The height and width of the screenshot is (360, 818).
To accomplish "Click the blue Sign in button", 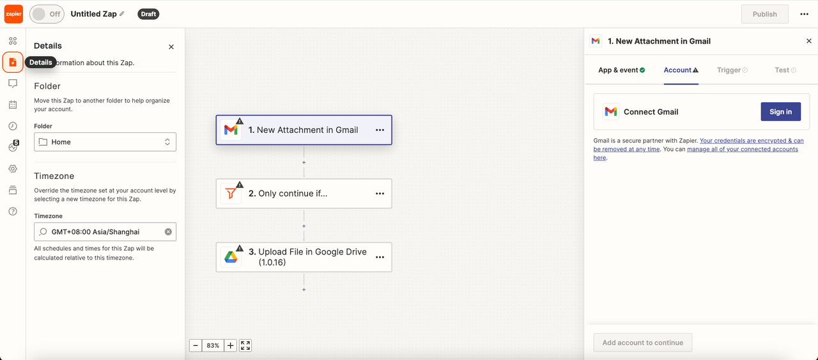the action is click(x=781, y=111).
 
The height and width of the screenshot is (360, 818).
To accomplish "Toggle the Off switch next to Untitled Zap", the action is click(x=47, y=14).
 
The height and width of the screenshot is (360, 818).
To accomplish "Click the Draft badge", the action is click(x=148, y=14).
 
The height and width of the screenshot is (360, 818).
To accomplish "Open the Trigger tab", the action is click(x=732, y=70).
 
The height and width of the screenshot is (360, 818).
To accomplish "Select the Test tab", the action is click(x=785, y=70).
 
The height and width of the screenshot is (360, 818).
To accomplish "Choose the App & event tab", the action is click(x=622, y=70).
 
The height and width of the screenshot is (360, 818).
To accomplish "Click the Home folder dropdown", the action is click(x=105, y=142).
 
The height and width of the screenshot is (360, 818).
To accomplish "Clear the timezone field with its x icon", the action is click(x=168, y=231).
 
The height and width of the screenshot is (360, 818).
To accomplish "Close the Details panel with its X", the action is click(x=171, y=47).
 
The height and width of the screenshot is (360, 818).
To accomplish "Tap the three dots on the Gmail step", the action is click(x=380, y=130).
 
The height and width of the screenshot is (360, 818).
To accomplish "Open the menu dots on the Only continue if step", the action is click(x=380, y=194).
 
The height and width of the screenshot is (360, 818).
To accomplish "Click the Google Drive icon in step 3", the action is click(x=231, y=257).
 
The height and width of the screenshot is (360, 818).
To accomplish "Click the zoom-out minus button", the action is click(x=196, y=345).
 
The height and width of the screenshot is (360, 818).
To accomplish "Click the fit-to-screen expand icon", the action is click(x=245, y=345).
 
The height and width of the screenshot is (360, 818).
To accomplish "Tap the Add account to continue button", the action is click(x=643, y=343).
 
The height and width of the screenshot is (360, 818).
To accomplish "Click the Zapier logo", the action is click(x=13, y=14).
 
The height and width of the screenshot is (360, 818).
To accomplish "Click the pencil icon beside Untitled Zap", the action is click(x=122, y=14).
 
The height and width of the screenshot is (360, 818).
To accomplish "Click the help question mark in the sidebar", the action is click(x=13, y=211).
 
